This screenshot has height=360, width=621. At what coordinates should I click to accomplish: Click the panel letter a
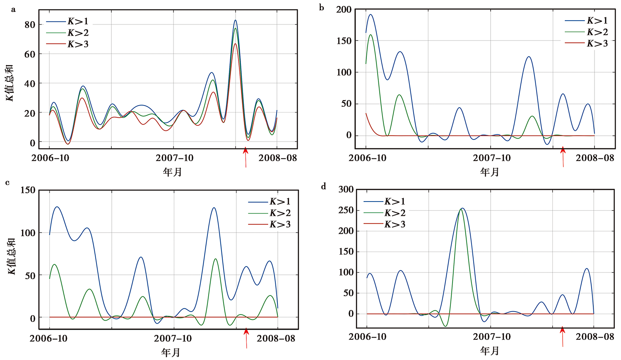click(13, 10)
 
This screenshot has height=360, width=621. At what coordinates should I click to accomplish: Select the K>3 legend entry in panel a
click(77, 44)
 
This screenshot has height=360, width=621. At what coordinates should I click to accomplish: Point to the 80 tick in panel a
click(30, 24)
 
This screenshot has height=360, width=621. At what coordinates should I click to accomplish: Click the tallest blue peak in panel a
click(236, 20)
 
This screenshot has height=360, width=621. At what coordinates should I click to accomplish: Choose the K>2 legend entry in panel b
click(597, 32)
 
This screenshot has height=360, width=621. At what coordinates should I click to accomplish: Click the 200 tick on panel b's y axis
click(344, 10)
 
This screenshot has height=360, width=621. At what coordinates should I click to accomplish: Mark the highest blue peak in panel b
click(371, 15)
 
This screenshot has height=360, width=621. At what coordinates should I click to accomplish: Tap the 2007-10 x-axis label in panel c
click(173, 338)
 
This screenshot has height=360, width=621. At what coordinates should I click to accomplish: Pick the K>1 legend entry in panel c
click(280, 202)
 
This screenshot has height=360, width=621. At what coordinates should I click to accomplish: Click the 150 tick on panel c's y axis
click(28, 190)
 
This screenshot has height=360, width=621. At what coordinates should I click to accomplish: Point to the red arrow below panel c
click(246, 337)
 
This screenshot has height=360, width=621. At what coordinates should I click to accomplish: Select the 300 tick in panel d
click(346, 190)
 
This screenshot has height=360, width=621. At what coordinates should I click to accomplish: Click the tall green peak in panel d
click(462, 209)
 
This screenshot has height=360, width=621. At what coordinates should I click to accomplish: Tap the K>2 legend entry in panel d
click(395, 213)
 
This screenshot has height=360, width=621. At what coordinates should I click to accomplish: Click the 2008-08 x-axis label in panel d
click(595, 337)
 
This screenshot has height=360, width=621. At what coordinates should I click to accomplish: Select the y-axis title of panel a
click(10, 83)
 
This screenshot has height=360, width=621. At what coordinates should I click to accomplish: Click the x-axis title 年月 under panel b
click(490, 172)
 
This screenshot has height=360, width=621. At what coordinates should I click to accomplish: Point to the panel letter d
click(323, 187)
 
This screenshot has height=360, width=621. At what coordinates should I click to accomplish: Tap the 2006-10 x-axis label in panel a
click(50, 158)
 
